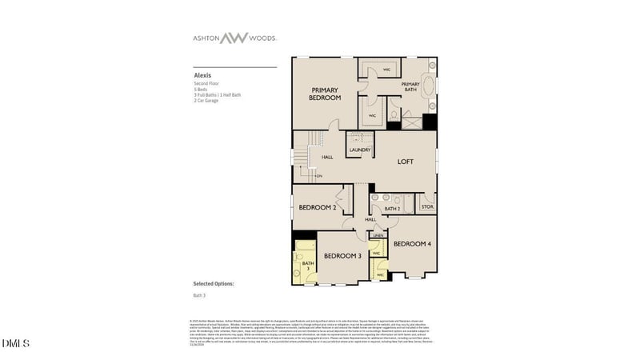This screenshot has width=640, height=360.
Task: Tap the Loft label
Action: (x=406, y=162)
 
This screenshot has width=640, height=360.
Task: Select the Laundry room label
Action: (x=358, y=150)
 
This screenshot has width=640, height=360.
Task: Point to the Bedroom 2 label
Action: (x=315, y=208)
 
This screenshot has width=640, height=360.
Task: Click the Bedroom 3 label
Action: (x=342, y=256)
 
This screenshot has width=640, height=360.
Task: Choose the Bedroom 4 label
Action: (x=412, y=243)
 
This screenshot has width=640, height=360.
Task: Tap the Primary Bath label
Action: (x=410, y=86)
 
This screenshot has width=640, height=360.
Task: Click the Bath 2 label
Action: (x=391, y=209)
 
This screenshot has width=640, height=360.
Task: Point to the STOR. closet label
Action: (x=427, y=207)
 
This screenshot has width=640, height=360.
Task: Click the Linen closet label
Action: (x=378, y=236)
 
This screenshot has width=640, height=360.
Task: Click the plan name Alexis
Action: (x=202, y=76)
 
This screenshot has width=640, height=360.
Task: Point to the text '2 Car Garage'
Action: (x=206, y=101)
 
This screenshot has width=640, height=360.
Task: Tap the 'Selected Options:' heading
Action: (x=214, y=283)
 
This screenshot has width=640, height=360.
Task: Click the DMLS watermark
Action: (x=15, y=343)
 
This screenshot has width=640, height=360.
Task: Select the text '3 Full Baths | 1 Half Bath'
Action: (x=217, y=95)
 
